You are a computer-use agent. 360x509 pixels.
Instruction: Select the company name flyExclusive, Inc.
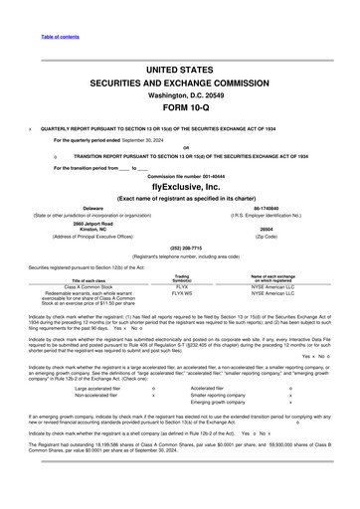pos(180,185)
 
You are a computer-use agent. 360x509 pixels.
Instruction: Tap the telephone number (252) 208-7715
pos(180,248)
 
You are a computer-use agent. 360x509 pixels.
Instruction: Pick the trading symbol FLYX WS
pos(182,293)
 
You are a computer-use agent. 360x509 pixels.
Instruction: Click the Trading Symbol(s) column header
pos(182,277)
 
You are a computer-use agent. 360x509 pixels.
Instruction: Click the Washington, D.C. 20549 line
pos(180,95)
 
